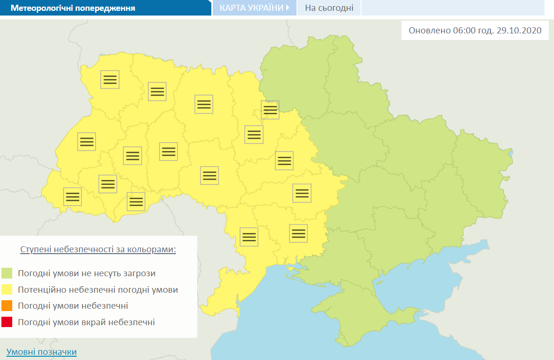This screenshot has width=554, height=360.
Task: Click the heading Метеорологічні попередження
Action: (72, 8)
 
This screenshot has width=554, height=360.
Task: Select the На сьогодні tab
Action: (329, 8)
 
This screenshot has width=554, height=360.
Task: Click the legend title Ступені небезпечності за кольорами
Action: (98, 249)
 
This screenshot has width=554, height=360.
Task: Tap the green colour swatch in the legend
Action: (7, 273)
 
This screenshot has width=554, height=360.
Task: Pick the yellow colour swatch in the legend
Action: (7, 289)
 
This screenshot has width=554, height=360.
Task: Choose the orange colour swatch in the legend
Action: (7, 306)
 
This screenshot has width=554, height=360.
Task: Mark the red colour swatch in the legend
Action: (7, 322)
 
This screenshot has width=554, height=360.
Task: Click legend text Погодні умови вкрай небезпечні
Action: (86, 322)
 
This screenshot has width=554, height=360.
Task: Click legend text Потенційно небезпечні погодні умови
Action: (98, 289)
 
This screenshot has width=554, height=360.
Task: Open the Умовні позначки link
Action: (41, 352)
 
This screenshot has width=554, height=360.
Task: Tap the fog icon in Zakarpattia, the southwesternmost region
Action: (72, 197)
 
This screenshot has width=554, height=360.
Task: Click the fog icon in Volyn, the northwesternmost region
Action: (110, 80)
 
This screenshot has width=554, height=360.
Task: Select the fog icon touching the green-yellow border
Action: (270, 110)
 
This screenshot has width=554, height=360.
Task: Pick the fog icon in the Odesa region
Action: (249, 236)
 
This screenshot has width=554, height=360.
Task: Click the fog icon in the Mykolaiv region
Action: (298, 233)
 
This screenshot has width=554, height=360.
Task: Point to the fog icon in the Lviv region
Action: (87, 142)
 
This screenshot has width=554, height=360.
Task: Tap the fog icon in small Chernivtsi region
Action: (136, 202)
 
